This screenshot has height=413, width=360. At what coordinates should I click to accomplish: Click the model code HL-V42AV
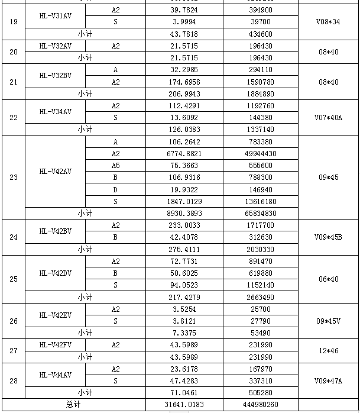tap(56, 172)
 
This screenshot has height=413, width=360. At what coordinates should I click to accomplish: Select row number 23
tap(14, 178)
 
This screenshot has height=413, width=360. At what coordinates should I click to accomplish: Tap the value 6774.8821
tap(184, 154)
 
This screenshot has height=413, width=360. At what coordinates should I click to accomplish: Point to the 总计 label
tap(73, 405)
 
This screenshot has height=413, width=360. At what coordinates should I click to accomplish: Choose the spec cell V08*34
tap(328, 22)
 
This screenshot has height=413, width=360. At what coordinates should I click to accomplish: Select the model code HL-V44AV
tap(56, 375)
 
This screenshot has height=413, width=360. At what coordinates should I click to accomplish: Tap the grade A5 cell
tap(115, 166)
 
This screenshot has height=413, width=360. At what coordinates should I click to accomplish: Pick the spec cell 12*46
tap(328, 351)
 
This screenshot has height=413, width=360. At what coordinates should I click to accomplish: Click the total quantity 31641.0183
tap(184, 405)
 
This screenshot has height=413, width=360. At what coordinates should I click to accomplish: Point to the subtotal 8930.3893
tap(184, 213)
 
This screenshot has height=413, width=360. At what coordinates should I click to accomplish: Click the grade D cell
tap(115, 189)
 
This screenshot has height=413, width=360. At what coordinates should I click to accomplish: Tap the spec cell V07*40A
tap(328, 117)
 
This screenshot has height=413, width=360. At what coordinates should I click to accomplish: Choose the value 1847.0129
tap(184, 201)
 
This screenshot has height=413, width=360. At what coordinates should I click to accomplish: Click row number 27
tap(14, 351)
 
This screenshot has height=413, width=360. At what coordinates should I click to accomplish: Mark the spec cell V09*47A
tap(328, 380)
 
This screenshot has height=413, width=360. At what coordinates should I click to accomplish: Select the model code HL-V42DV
tap(56, 273)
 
